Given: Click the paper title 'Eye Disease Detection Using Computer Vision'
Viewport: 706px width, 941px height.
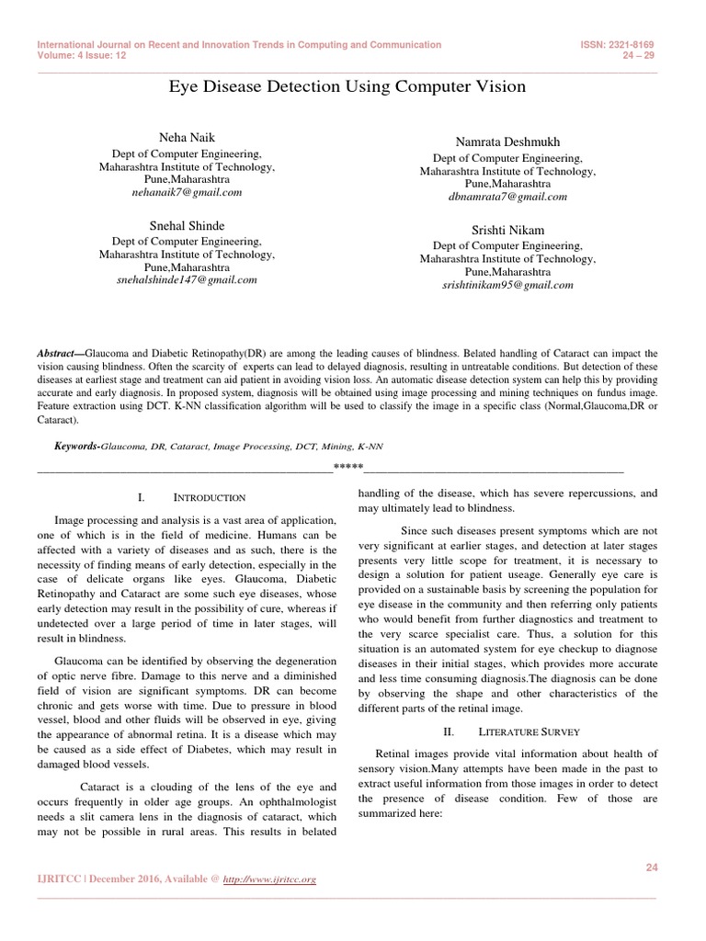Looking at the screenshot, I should point(347,87).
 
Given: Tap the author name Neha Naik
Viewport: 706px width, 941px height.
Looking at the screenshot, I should point(186,137).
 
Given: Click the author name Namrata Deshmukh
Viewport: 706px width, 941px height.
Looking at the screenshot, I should point(507,142).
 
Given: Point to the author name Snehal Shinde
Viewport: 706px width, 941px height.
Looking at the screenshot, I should point(187,225).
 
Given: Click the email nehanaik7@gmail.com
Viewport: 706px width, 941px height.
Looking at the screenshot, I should point(187,193).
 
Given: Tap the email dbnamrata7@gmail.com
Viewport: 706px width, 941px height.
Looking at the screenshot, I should point(507,197).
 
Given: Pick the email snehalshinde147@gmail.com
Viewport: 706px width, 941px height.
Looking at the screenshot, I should point(187,280).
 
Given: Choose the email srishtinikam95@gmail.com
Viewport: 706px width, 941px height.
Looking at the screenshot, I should point(507,285).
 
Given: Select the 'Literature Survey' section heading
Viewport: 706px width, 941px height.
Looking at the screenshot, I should point(529,731).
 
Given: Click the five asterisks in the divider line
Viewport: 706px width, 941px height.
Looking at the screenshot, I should point(347,469).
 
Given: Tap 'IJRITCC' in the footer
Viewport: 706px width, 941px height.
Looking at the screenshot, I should point(57,879).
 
